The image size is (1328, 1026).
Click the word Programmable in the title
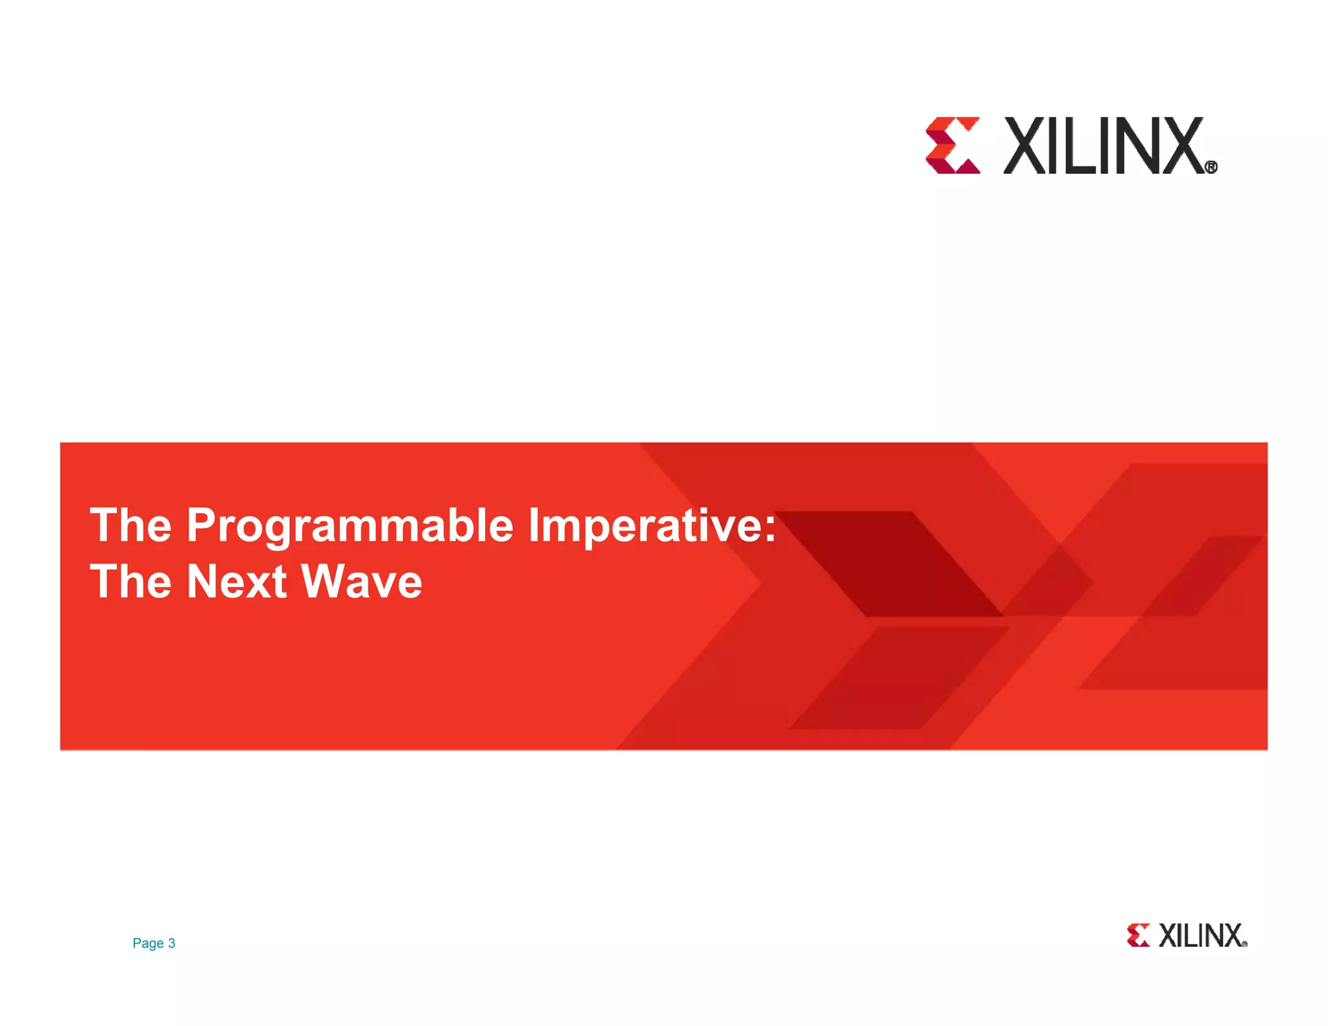click(350, 527)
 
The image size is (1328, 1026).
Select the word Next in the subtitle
click(237, 582)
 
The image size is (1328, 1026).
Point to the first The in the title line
click(130, 525)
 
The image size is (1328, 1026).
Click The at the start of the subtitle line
click(130, 582)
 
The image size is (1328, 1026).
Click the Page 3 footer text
click(154, 943)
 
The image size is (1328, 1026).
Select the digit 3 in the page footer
click(172, 943)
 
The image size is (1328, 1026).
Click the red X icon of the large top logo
click(952, 145)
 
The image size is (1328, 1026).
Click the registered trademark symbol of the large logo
click(1211, 167)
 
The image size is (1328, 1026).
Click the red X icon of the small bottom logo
click(1138, 935)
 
